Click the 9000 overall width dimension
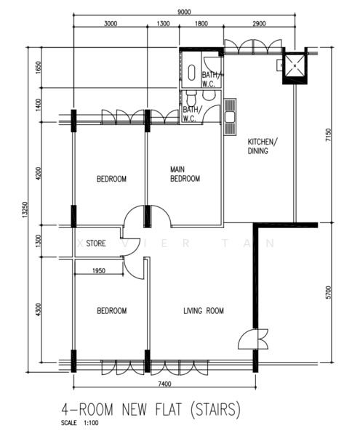[x=184, y=12]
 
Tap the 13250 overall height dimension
[x=25, y=209]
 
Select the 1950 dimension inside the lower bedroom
[x=99, y=270]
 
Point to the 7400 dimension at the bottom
[x=164, y=384]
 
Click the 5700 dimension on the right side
[x=329, y=292]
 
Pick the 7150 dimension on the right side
[x=329, y=135]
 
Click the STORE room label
[x=96, y=243]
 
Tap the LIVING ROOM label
[x=204, y=310]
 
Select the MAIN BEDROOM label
[x=185, y=174]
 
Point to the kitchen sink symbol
[x=230, y=117]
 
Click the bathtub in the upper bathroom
[x=191, y=73]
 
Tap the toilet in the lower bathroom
[x=191, y=97]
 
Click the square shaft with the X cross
[x=295, y=66]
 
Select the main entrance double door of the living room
[x=253, y=339]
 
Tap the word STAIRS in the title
[x=215, y=409]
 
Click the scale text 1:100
[x=91, y=423]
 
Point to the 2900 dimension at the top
[x=259, y=24]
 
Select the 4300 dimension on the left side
[x=39, y=310]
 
